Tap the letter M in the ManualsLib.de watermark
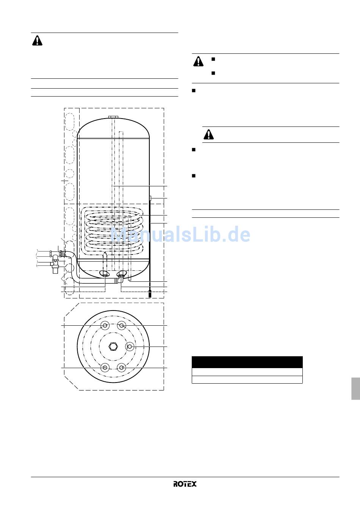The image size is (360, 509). tap(119, 234)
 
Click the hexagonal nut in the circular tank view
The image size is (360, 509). tap(113, 346)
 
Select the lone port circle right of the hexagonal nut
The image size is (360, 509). tap(130, 346)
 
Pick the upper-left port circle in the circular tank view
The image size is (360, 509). tap(105, 326)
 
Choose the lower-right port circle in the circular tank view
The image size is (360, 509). tap(121, 367)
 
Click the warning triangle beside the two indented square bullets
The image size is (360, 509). tap(198, 61)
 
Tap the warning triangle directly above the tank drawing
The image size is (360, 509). tap(37, 41)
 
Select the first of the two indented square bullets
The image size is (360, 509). tap(213, 59)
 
